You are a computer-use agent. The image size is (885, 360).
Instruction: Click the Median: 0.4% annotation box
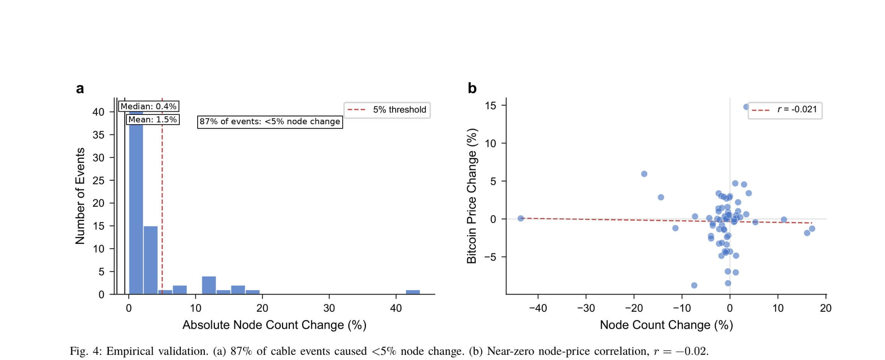[x=148, y=106]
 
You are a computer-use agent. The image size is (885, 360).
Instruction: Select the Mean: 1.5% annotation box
[x=152, y=119]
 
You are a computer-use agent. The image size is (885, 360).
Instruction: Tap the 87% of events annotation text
[x=270, y=121]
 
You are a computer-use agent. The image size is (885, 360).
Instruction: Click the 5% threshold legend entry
[x=387, y=110]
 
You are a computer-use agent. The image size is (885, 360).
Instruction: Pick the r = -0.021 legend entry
[x=785, y=109]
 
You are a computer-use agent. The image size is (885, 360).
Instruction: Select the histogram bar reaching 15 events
[x=151, y=260]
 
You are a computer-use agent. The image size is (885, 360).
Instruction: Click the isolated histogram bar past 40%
[x=413, y=292]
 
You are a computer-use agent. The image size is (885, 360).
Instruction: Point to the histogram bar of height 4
[x=209, y=285]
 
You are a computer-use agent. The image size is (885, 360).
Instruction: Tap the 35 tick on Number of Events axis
[x=98, y=135]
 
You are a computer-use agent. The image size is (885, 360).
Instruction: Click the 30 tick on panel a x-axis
[x=329, y=308]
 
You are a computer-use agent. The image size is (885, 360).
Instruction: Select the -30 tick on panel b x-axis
[x=586, y=308]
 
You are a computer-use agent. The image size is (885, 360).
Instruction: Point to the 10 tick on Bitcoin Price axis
[x=491, y=144]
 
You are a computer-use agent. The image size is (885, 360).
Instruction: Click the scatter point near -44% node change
[x=520, y=218]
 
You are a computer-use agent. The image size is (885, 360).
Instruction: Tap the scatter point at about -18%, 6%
[x=644, y=174]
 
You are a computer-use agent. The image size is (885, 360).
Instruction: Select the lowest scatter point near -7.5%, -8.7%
[x=694, y=285]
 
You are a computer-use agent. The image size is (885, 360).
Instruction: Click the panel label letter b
[x=472, y=88]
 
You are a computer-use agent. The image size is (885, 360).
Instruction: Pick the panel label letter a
[x=80, y=89]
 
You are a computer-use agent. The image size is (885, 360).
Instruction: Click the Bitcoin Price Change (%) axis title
[x=471, y=196]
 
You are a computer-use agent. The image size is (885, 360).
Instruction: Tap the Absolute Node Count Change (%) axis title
[x=274, y=325]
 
